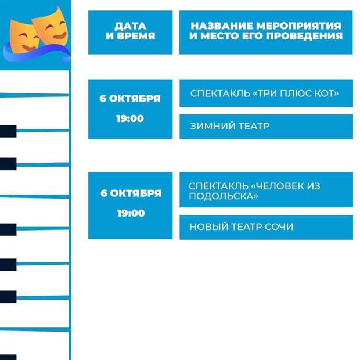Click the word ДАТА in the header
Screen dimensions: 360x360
(x=131, y=26)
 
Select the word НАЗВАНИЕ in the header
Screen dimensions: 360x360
(x=222, y=26)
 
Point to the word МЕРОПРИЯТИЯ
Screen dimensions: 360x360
(x=298, y=26)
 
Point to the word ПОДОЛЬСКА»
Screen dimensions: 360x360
(x=224, y=196)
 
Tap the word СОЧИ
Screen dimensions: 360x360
(x=279, y=227)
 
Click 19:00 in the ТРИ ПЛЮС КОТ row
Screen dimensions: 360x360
(x=130, y=118)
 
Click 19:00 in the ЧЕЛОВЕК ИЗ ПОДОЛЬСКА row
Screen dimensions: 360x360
(x=131, y=213)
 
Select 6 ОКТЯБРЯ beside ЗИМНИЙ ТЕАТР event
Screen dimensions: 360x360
(x=130, y=99)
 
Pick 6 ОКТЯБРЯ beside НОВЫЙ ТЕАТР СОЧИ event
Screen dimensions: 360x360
(x=131, y=193)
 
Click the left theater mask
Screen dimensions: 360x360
(x=23, y=37)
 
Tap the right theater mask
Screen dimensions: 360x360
(x=51, y=26)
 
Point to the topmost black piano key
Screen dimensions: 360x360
(x=8, y=131)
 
